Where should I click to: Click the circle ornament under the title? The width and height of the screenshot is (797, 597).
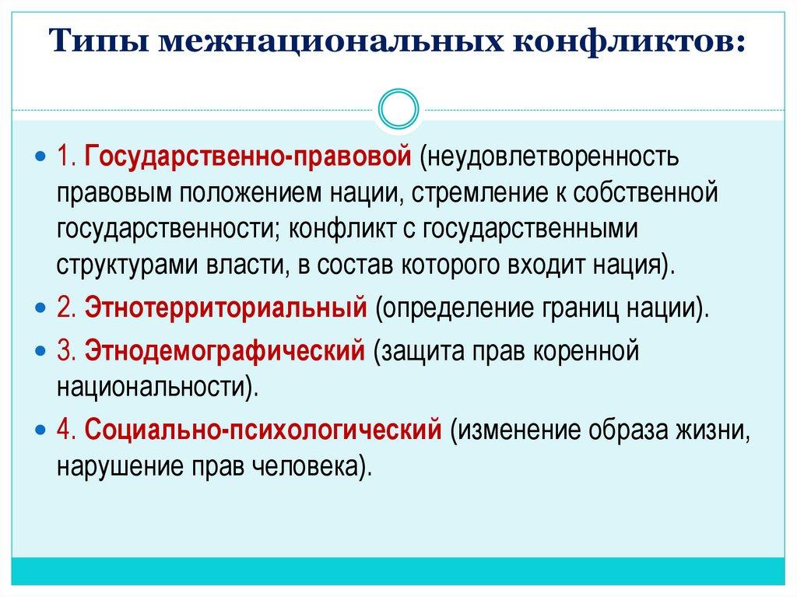click(398, 110)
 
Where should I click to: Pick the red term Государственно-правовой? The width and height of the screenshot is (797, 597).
click(248, 156)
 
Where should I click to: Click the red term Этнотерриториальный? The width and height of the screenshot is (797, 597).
click(226, 307)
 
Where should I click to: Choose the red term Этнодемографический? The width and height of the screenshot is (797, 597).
click(225, 350)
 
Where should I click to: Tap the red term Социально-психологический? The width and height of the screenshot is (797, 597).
click(264, 429)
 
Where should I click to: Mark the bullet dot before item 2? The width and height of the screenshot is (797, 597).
click(41, 308)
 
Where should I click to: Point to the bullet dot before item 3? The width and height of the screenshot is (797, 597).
click(41, 351)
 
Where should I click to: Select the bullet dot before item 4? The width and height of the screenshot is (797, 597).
click(41, 430)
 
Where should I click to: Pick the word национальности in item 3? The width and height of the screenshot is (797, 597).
click(153, 385)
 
